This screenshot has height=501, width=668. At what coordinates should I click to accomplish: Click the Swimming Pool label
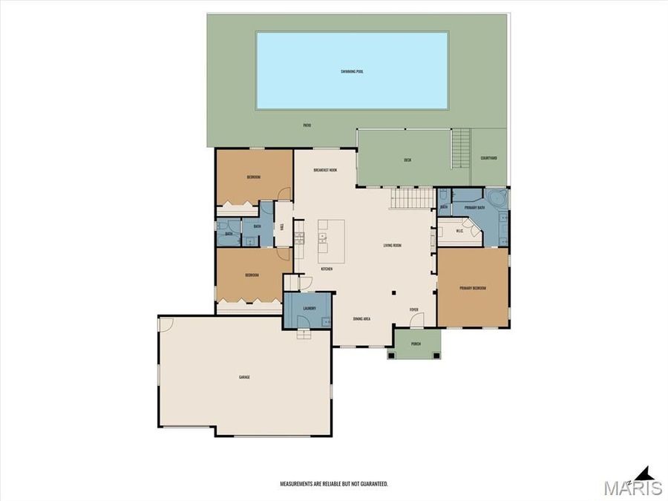[352, 71]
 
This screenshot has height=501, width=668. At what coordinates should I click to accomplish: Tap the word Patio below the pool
[307, 125]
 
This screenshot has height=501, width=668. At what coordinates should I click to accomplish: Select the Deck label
[407, 160]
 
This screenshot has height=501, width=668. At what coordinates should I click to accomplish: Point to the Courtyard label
[488, 157]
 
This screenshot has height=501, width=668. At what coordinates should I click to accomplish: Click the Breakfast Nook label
[325, 170]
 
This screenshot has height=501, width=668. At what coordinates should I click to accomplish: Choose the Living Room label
[392, 245]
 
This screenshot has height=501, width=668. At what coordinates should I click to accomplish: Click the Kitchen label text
[326, 269]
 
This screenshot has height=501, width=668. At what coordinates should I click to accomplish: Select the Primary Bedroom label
[473, 288]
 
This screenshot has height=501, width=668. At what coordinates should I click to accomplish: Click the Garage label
[244, 377]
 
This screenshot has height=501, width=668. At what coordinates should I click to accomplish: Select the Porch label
[416, 344]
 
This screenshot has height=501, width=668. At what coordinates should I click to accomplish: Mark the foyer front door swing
[417, 320]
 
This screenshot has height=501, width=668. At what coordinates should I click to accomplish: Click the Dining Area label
[361, 318]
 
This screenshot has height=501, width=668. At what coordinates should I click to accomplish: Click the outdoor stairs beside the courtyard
[461, 148]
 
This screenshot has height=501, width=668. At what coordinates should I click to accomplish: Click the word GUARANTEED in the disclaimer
[372, 483]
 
